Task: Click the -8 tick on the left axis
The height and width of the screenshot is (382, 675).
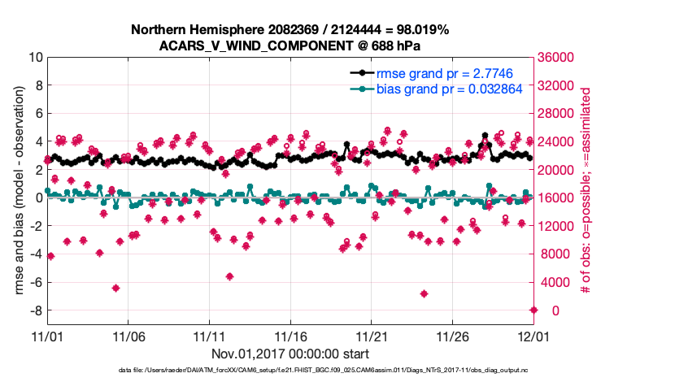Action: click(x=34, y=310)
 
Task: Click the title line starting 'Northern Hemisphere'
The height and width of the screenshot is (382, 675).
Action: click(x=290, y=30)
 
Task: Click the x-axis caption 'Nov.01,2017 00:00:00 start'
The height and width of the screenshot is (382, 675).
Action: click(x=290, y=354)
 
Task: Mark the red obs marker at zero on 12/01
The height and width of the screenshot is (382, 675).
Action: click(x=533, y=310)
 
